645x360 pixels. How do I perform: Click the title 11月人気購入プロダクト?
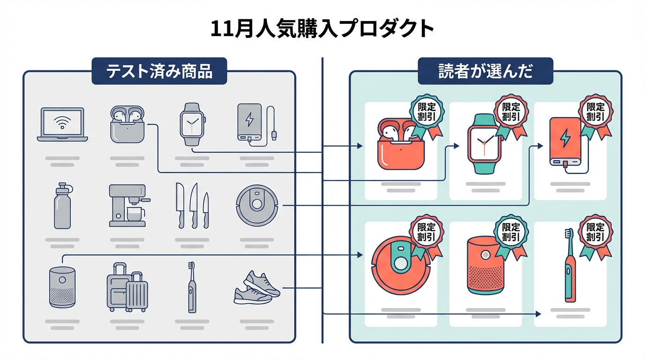[322, 29]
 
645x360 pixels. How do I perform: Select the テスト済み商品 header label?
[159, 71]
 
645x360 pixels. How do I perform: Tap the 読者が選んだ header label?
[485, 71]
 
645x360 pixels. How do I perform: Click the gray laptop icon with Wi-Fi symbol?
[62, 125]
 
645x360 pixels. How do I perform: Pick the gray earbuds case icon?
[127, 124]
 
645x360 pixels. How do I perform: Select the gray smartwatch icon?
[192, 124]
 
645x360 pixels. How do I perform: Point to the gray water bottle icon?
[63, 206]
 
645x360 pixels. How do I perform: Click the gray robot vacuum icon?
[257, 205]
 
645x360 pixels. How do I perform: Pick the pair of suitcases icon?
[127, 287]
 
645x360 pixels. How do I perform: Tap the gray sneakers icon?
[256, 287]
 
